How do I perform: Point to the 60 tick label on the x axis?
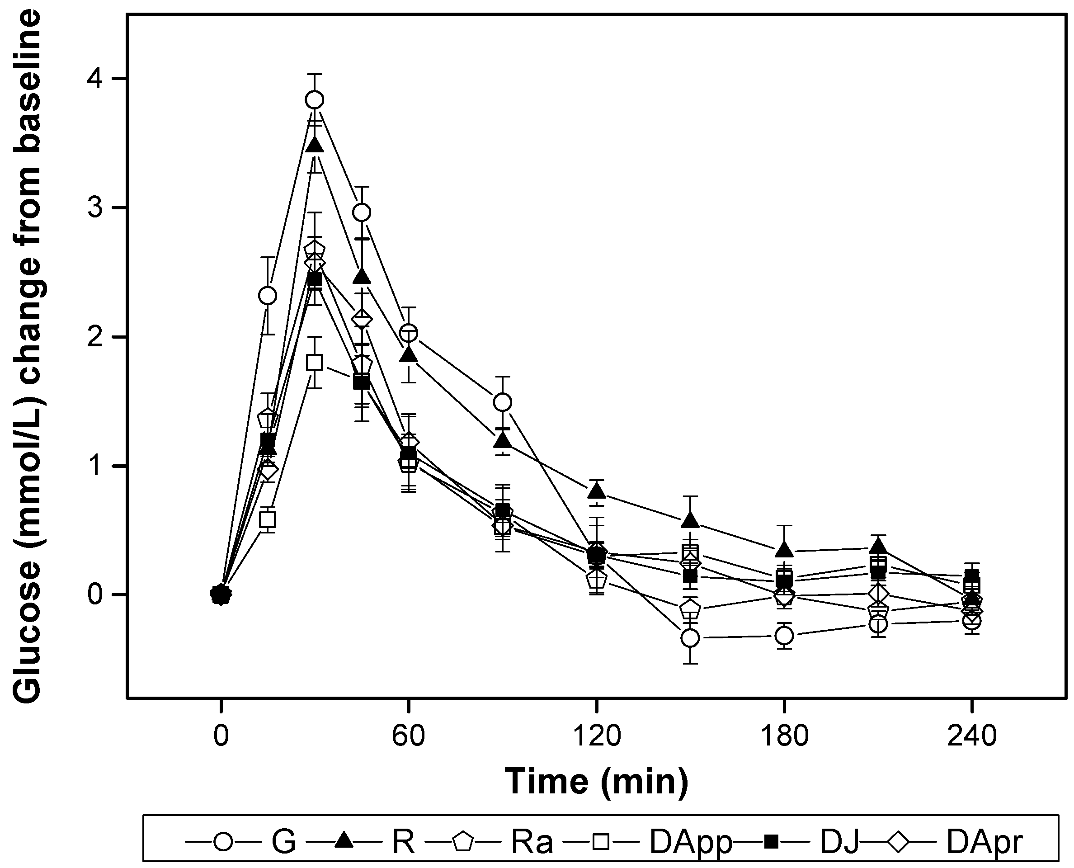coord(409,736)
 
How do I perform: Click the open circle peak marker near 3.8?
coord(315,100)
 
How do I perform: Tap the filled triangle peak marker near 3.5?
coord(315,146)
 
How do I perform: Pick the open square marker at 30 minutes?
coord(315,362)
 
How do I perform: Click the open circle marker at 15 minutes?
coord(268,296)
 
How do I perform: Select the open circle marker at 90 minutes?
coord(502,402)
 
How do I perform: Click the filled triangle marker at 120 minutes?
coord(596,491)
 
